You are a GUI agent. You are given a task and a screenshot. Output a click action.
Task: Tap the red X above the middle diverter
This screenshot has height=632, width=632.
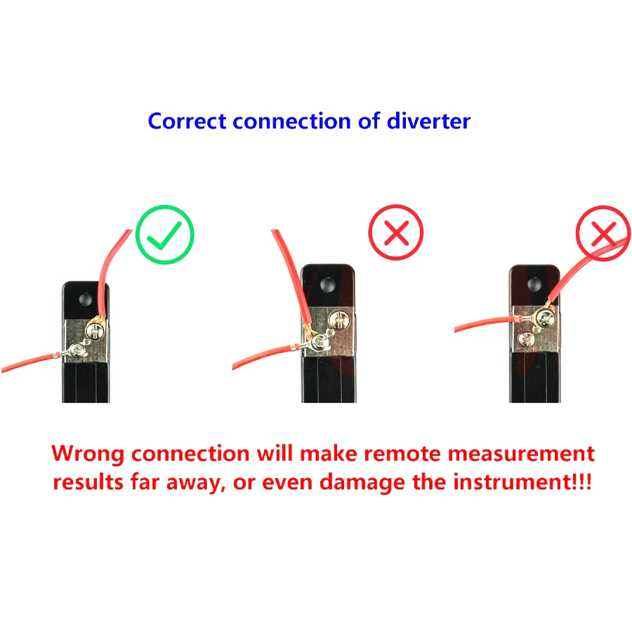click(396, 232)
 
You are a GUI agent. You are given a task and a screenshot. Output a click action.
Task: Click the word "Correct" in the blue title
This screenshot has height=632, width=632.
click(187, 121)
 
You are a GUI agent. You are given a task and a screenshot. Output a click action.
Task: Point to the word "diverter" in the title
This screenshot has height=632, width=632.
click(428, 121)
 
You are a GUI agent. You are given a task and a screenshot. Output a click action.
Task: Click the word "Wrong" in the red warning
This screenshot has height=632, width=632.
click(88, 454)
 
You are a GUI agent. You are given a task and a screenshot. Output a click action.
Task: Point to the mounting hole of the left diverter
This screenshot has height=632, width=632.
click(86, 298)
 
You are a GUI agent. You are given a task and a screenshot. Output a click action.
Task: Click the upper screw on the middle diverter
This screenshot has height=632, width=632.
click(338, 322)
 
